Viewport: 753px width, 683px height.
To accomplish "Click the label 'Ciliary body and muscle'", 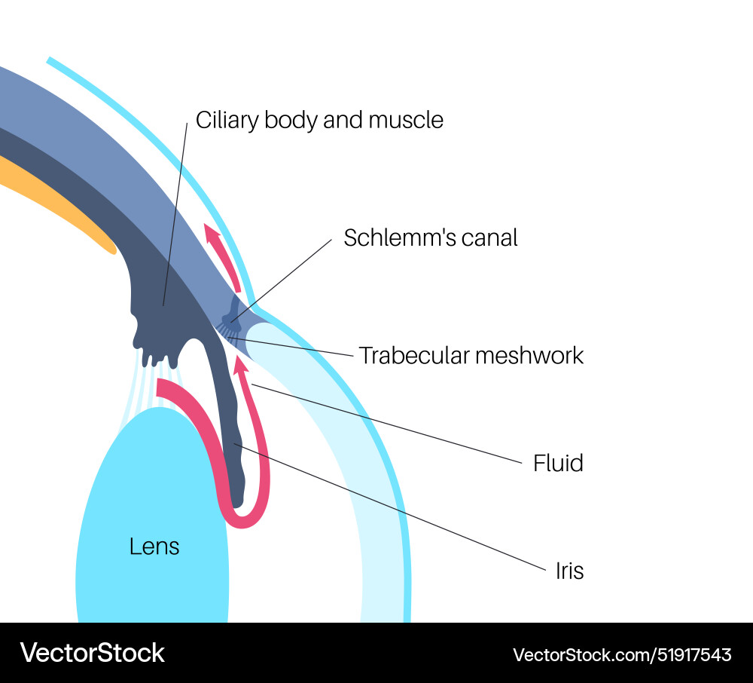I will (319, 120).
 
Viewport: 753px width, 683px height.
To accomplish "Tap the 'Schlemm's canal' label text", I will (431, 237).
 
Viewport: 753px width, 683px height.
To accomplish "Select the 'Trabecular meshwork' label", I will (471, 355).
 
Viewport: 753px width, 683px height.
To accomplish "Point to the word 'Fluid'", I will (558, 463).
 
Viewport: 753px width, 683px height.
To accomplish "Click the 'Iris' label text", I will (569, 571).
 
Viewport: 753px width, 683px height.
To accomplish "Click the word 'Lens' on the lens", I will (154, 547).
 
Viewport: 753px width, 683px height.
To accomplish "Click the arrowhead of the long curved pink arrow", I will (240, 366).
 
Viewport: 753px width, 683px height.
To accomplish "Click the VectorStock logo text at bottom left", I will (92, 653).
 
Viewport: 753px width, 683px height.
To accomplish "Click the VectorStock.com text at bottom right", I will (579, 654).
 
